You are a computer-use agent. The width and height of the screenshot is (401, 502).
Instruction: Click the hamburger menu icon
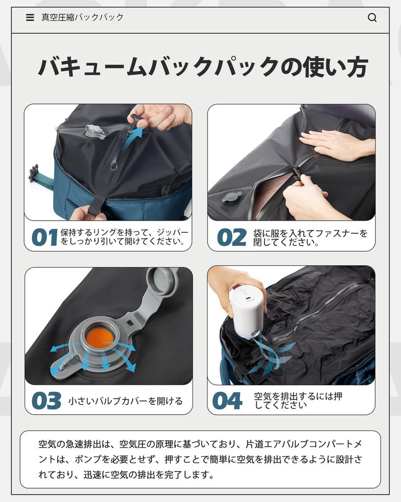pyautogui.click(x=30, y=18)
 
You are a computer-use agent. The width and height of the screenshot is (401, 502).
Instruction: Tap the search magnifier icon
pyautogui.click(x=372, y=18)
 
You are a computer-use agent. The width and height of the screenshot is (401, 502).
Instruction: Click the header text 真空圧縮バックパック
pyautogui.click(x=82, y=18)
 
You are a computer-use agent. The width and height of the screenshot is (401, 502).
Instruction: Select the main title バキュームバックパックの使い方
pyautogui.click(x=203, y=67)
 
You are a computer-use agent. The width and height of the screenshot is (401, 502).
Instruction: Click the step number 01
pyautogui.click(x=45, y=238)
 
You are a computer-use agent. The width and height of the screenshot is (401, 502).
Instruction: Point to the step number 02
pyautogui.click(x=232, y=238)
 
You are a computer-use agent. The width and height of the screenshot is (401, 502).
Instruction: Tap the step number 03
pyautogui.click(x=47, y=401)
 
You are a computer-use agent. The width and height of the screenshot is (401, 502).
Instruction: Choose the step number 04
pyautogui.click(x=227, y=401)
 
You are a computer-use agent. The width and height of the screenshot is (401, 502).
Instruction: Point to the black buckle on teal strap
pyautogui.click(x=34, y=173)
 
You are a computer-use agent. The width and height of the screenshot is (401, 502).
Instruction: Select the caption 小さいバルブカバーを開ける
pyautogui.click(x=125, y=401)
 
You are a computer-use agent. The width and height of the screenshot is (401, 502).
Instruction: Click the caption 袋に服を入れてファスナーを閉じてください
pyautogui.click(x=310, y=238)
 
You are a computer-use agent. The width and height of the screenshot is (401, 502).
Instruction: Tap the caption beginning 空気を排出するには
pyautogui.click(x=298, y=401)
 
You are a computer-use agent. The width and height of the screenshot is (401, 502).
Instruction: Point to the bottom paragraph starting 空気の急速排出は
pyautogui.click(x=200, y=459)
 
